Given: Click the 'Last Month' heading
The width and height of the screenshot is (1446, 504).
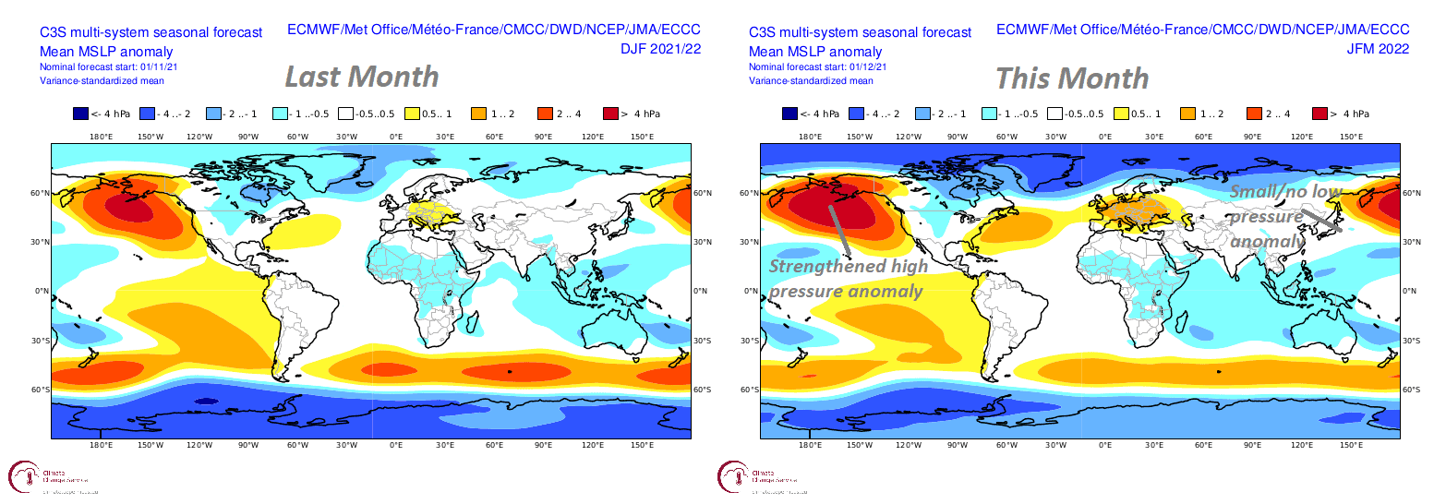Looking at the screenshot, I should pos(361,77).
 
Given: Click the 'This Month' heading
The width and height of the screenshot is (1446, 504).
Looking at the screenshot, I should pos(1072,78).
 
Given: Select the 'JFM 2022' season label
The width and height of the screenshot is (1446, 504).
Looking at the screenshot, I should pos(1379,49).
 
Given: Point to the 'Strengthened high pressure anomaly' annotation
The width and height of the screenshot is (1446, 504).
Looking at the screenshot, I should pos(846,278).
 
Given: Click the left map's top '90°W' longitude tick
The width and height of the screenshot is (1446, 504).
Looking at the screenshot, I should pos(248,137).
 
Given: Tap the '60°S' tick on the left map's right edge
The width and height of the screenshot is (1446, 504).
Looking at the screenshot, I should pos(702,390).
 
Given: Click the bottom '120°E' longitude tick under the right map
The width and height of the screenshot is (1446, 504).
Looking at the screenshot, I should pos(1302,445).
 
